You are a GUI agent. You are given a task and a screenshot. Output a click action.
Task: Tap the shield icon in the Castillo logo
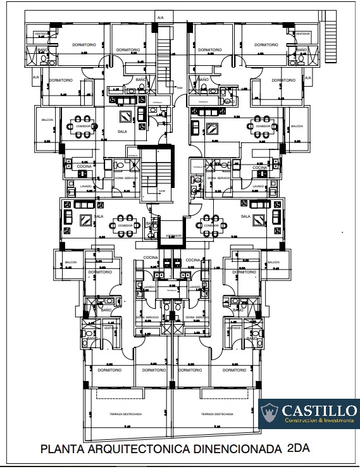point(270,414)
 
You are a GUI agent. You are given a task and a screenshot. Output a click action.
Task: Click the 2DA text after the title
point(298,448)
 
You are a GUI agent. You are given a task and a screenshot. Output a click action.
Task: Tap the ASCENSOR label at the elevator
point(174,235)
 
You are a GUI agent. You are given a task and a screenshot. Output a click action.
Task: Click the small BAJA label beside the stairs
point(180,88)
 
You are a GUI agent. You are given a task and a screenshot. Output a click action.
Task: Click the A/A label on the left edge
point(35,77)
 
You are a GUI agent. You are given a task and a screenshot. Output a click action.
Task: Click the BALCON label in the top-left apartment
point(47,119)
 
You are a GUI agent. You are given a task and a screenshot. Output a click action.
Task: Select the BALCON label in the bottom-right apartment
point(273,262)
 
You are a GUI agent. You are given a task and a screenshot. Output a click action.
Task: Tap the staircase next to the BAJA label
point(166,60)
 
